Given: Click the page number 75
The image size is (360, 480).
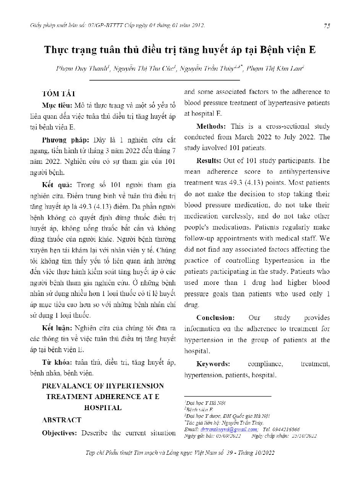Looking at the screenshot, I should (x=327, y=26).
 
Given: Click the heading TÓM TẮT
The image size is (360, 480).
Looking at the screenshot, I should (x=59, y=94).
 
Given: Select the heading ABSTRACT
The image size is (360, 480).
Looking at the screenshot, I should (x=62, y=420).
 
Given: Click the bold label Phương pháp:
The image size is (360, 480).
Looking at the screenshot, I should (x=65, y=140).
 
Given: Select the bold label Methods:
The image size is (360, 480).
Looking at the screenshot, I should (x=211, y=126).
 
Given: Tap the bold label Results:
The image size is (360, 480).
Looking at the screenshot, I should (x=209, y=160).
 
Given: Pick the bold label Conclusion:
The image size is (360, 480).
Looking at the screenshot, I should (x=216, y=318).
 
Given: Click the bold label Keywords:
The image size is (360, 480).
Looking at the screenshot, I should (x=213, y=364).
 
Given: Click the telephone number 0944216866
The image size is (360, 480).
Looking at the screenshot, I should (x=287, y=429).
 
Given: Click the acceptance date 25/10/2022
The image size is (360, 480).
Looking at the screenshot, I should (x=304, y=436).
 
